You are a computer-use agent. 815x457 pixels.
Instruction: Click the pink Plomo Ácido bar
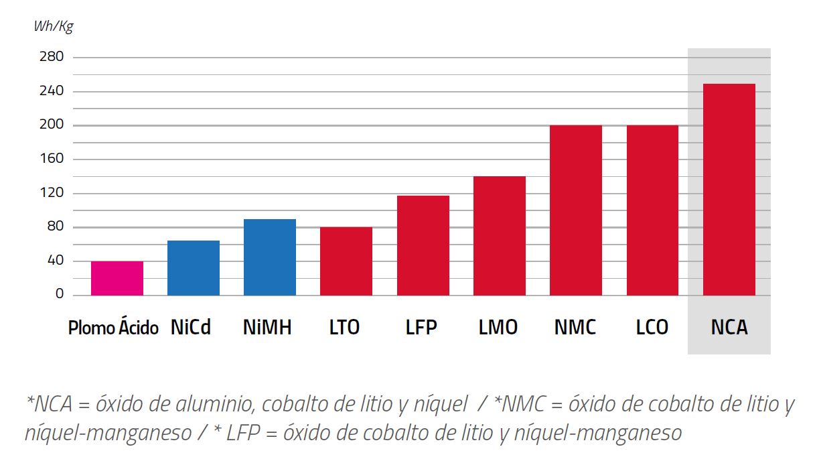(117, 278)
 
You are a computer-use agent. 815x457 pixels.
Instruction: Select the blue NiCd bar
(194, 268)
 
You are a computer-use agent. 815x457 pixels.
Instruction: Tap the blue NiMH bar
(270, 257)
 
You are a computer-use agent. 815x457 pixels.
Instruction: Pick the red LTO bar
(346, 261)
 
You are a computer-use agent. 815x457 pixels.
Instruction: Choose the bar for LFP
(423, 245)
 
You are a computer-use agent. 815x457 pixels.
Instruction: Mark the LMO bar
(500, 236)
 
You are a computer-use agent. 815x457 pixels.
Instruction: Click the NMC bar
(576, 210)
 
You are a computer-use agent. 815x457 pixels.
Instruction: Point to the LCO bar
(652, 210)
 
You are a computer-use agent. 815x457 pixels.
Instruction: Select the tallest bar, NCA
(729, 190)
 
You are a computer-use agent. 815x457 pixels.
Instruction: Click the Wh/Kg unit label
(53, 27)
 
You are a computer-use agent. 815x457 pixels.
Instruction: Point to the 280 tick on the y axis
(52, 57)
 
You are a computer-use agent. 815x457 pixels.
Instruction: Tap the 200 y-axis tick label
(52, 125)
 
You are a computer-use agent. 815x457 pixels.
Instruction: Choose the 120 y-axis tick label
(52, 193)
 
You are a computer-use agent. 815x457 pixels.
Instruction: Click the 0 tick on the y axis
(60, 295)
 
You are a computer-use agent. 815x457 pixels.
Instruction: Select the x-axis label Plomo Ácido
(113, 328)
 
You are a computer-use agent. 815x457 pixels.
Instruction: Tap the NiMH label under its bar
(267, 328)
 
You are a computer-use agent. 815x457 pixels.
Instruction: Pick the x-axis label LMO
(498, 328)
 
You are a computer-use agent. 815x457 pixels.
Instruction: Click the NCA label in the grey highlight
(729, 328)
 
